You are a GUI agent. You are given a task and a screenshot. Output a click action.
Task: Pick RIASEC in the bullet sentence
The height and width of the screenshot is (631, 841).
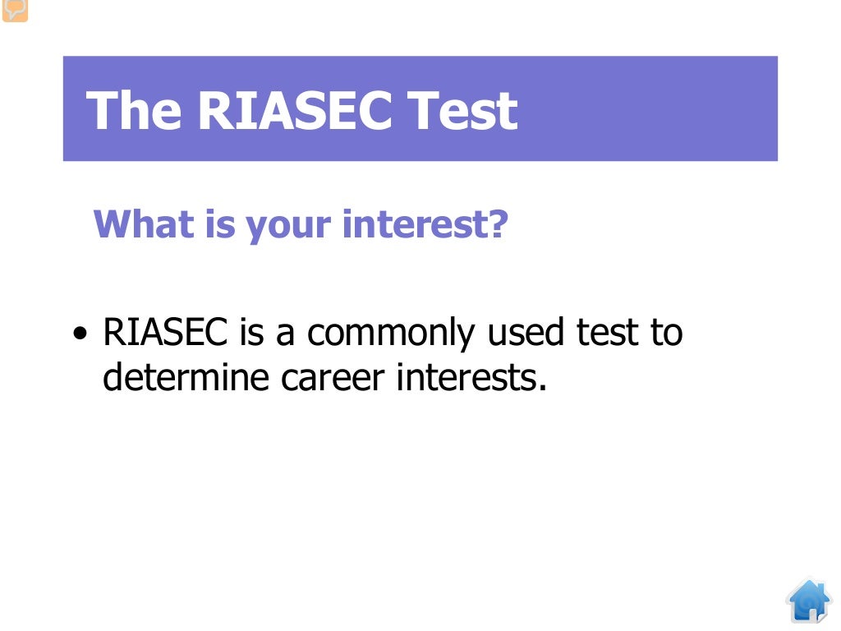165,333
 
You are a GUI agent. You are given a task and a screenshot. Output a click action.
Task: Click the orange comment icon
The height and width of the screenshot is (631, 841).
15,10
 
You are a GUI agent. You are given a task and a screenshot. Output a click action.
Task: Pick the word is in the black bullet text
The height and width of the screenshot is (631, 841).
251,333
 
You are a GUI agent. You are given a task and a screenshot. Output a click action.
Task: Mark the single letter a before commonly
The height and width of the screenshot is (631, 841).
287,334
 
